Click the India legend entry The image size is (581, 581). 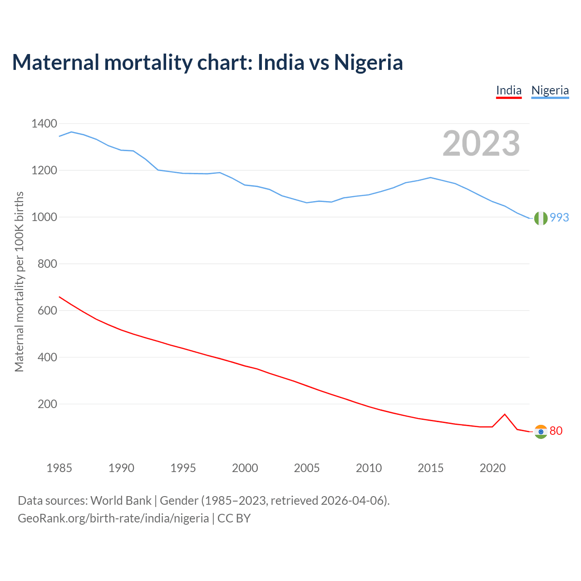click(508, 90)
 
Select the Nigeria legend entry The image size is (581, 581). click(550, 90)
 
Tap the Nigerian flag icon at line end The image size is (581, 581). click(541, 218)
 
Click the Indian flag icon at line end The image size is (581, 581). click(541, 432)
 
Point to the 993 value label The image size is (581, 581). click(559, 218)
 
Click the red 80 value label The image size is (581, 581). click(556, 431)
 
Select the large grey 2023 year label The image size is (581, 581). click(481, 143)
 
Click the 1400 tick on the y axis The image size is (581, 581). click(44, 123)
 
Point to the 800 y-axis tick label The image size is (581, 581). click(47, 264)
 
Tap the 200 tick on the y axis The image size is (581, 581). click(47, 404)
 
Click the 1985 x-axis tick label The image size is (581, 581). click(59, 468)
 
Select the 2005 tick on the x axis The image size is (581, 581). click(307, 468)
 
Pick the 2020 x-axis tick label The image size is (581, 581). click(492, 468)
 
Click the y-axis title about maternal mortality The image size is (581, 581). click(19, 281)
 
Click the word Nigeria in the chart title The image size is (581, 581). click(369, 62)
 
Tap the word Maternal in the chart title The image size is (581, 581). click(55, 62)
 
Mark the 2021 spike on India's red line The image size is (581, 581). click(505, 414)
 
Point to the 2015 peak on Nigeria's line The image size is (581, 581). click(430, 177)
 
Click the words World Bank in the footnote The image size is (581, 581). click(121, 501)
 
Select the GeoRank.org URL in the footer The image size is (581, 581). click(113, 518)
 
